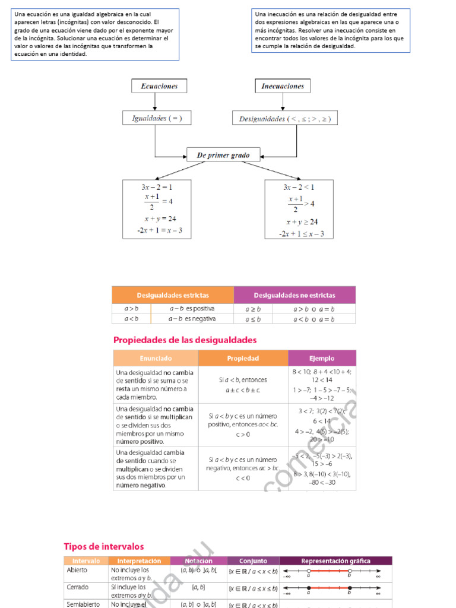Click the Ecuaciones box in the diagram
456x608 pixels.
159,86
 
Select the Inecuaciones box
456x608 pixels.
283,86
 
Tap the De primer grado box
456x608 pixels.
223,156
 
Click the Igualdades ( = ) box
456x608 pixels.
157,118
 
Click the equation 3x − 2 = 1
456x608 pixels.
157,187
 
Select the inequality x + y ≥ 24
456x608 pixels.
302,222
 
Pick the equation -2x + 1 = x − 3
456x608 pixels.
157,230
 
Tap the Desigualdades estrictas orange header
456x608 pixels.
173,295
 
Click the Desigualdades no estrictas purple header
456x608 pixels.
294,295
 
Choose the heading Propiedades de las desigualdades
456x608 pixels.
185,340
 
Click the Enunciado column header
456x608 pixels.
156,358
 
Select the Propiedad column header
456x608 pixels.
243,358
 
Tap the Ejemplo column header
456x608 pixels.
322,358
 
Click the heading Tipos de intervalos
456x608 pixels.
104,546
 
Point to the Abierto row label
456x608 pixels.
77,570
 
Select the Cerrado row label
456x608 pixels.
78,587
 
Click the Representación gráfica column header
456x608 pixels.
335,560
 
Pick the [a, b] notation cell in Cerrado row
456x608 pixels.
198,587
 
